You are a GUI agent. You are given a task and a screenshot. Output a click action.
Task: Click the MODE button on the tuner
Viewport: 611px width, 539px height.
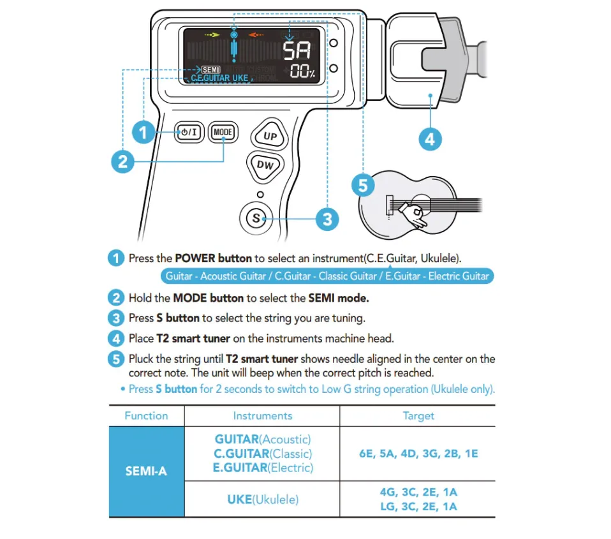[x=223, y=133]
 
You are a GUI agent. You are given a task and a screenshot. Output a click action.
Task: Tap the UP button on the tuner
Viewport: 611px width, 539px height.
[x=270, y=135]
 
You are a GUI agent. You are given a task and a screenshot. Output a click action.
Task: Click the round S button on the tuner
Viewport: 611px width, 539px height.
[x=256, y=218]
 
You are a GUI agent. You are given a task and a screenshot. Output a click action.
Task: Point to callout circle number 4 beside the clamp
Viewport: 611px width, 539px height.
[x=430, y=138]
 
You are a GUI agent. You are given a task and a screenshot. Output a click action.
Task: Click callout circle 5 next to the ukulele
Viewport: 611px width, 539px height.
[x=363, y=186]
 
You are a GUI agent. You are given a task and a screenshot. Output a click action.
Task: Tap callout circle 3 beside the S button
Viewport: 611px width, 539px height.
[x=327, y=219]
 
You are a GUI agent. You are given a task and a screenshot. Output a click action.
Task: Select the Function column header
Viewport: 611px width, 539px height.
[x=146, y=416]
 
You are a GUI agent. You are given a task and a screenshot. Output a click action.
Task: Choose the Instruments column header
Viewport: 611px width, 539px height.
[x=262, y=416]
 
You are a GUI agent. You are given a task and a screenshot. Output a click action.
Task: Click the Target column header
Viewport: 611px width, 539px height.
[x=418, y=416]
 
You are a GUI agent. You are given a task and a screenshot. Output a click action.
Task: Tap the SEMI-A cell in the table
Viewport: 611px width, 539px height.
[x=146, y=471]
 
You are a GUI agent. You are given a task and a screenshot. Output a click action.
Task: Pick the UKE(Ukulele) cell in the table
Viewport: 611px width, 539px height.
[x=262, y=499]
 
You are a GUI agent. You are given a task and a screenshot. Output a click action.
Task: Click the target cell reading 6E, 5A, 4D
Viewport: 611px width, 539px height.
[x=418, y=454]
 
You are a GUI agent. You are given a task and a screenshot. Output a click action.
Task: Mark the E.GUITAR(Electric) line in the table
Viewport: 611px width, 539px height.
[x=262, y=468]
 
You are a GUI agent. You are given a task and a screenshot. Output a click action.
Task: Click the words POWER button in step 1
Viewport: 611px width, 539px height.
[x=214, y=258]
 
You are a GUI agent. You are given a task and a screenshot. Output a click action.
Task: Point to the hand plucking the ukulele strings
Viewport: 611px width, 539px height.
[x=417, y=216]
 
